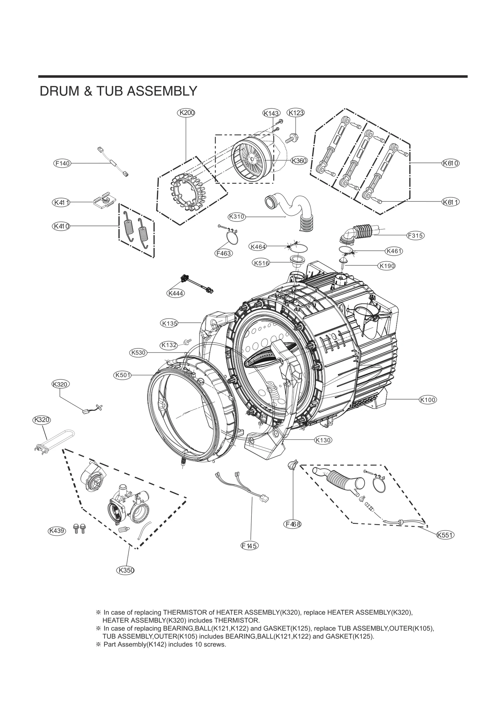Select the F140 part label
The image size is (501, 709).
62,163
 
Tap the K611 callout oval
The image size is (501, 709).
451,202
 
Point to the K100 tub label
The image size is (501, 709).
428,400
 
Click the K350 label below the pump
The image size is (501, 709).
126,570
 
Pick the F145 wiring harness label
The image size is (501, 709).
250,546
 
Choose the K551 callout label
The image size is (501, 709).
445,535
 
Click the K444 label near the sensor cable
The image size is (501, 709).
175,293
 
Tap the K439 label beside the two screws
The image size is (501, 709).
57,531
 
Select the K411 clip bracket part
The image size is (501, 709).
103,200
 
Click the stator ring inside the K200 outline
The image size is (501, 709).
186,193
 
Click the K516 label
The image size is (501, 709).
261,263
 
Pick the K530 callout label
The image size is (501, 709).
138,352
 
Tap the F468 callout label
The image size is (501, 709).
293,524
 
